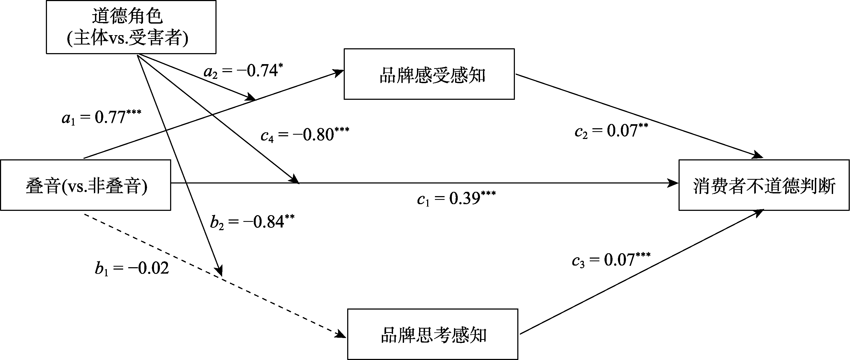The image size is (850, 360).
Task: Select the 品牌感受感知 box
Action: coord(429,74)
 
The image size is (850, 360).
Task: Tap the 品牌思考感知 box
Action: coord(433,334)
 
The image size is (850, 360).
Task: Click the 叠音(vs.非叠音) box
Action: coord(86,185)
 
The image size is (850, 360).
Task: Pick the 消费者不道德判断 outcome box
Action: coord(764,185)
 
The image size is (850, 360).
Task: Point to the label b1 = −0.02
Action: coord(132,268)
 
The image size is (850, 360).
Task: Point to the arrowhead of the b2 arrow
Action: coord(219,271)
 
